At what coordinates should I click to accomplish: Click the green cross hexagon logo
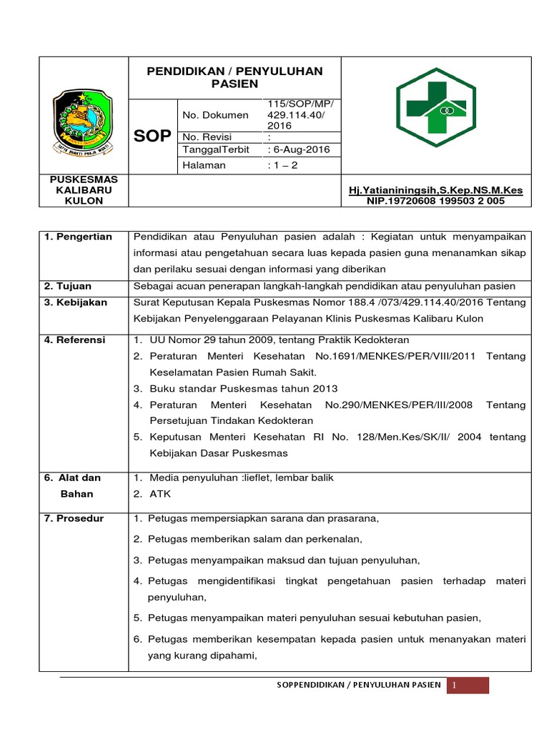point(436,107)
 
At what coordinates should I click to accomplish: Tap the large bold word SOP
point(152,137)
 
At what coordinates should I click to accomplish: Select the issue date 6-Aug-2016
point(295,150)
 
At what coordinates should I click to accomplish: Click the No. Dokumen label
point(216,114)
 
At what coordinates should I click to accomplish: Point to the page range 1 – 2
point(283,165)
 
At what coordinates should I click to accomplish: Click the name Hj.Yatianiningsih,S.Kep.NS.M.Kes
point(435,190)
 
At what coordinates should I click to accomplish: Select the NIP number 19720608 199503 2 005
point(435,201)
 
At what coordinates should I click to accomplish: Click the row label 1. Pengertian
point(78,237)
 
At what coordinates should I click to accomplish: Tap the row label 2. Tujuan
point(69,286)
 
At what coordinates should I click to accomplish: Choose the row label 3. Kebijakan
point(76,302)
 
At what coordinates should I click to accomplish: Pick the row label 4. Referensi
point(75,340)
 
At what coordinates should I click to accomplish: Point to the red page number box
point(468,686)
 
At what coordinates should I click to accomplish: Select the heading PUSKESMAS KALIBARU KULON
point(84,190)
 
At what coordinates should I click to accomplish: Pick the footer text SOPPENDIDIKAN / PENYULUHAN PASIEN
point(359,686)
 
